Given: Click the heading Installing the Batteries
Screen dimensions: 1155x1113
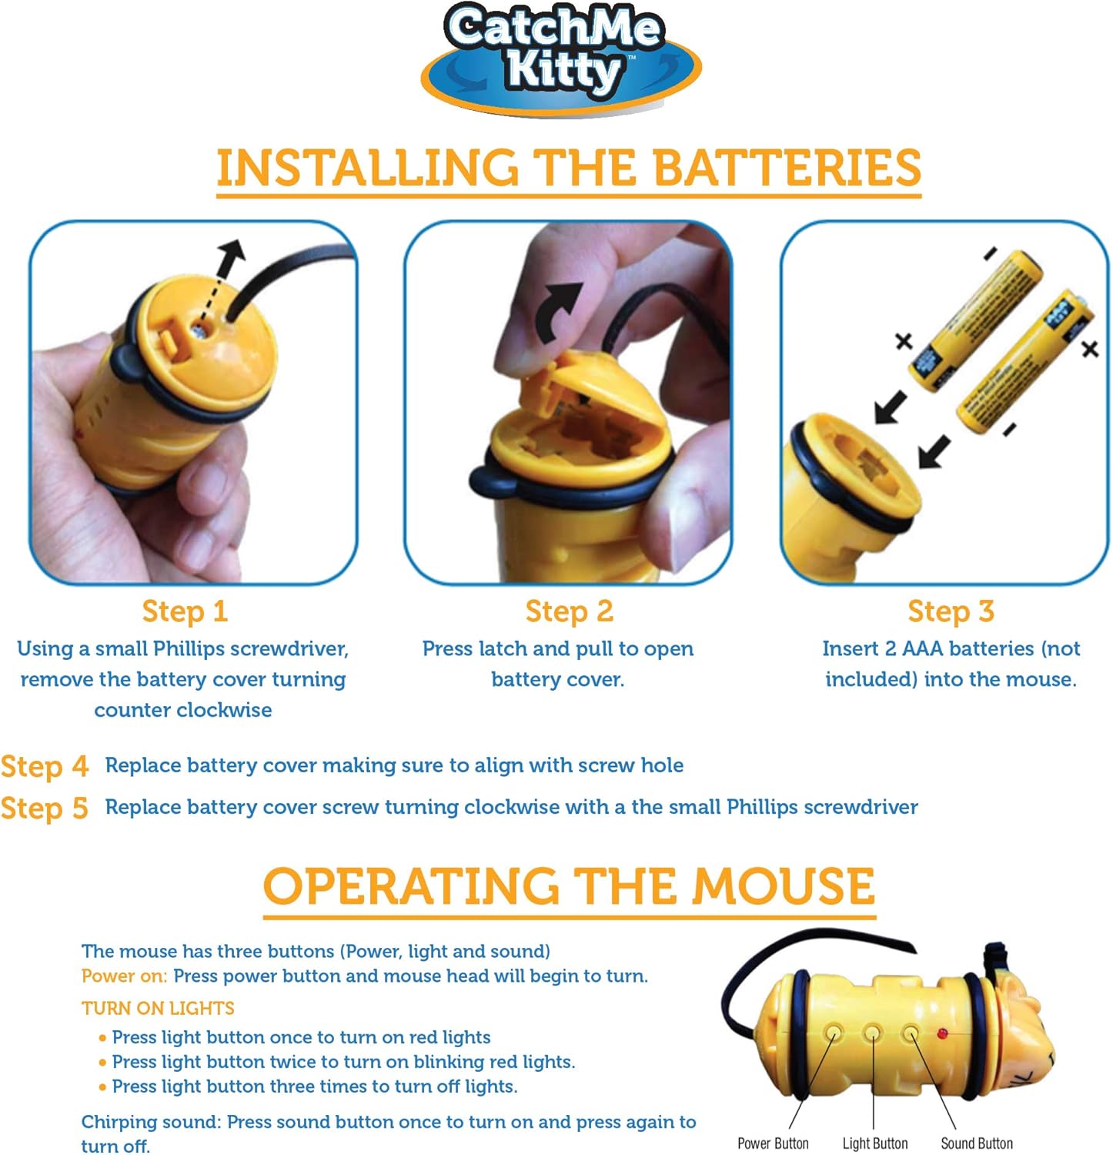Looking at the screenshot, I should click(x=568, y=169).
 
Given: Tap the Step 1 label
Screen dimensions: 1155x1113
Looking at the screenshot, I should click(x=185, y=611).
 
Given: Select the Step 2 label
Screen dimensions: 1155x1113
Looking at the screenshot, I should click(x=569, y=611).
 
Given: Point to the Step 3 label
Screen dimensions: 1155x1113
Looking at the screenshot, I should click(x=951, y=611).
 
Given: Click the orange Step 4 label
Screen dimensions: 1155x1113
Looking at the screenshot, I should click(x=45, y=767).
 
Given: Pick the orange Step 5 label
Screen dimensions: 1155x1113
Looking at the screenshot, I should click(x=45, y=808).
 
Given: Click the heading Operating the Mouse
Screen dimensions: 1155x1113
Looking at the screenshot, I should click(x=569, y=886).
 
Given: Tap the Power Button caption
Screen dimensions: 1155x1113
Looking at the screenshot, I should click(x=773, y=1143).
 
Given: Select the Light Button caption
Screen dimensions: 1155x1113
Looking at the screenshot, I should click(x=875, y=1143).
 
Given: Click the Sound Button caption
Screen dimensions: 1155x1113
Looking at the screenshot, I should click(x=977, y=1143).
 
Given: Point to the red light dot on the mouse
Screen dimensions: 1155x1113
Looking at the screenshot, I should click(x=942, y=1033).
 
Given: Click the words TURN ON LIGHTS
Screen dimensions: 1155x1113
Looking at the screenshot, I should click(x=158, y=1009).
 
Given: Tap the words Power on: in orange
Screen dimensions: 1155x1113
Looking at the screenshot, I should click(x=124, y=976).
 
